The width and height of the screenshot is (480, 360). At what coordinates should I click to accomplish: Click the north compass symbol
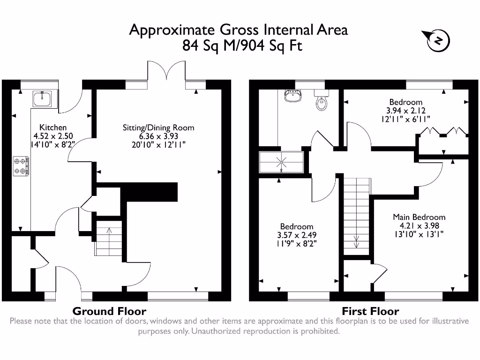click(438, 41)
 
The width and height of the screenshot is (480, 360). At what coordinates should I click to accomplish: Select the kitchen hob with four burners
click(21, 166)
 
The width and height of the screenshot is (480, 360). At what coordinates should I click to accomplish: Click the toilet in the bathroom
click(322, 102)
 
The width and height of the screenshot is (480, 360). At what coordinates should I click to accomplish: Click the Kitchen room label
click(52, 127)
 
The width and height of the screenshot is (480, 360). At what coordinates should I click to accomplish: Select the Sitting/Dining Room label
click(158, 127)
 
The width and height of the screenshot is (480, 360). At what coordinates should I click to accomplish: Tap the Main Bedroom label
click(419, 217)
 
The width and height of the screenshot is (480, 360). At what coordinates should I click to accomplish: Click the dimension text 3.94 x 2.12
click(405, 111)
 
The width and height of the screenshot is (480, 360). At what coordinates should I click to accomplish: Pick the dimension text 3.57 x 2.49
click(297, 235)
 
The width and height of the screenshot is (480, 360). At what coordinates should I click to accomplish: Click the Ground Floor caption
click(109, 311)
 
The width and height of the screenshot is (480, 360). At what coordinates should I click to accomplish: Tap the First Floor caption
click(370, 311)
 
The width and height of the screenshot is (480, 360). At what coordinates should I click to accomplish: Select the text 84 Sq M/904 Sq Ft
click(242, 46)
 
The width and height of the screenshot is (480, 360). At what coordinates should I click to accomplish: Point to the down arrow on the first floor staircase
click(356, 242)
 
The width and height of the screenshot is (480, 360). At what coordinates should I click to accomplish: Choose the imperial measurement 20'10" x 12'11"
click(158, 144)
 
